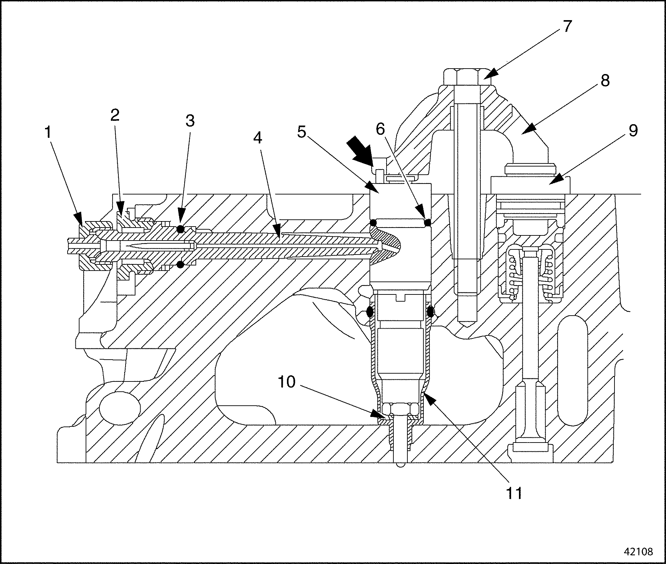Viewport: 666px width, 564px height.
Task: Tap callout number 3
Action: pyautogui.click(x=190, y=120)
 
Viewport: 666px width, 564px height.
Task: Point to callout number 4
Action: pyautogui.click(x=258, y=138)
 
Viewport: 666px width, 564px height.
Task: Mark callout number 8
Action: pyautogui.click(x=605, y=81)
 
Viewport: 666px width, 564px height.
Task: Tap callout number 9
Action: pyautogui.click(x=633, y=131)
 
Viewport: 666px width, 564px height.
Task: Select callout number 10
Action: pyautogui.click(x=287, y=382)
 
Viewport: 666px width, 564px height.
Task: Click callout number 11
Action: pyautogui.click(x=514, y=493)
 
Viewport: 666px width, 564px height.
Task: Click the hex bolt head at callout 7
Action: pyautogui.click(x=467, y=78)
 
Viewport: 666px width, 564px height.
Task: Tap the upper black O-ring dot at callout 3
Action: pyautogui.click(x=180, y=229)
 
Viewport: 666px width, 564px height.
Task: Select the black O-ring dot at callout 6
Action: pyautogui.click(x=427, y=223)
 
